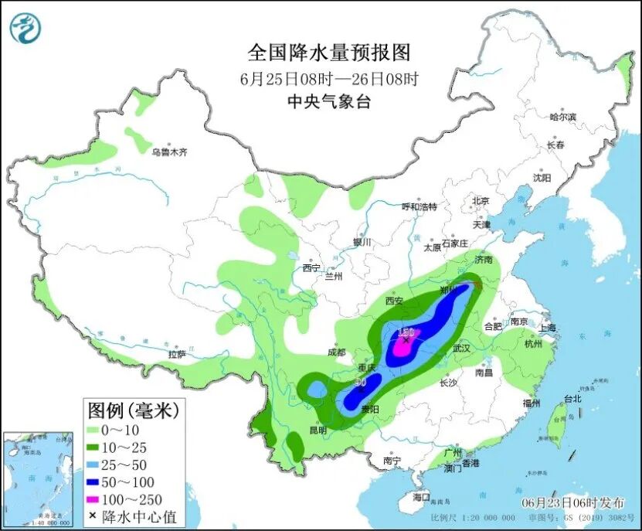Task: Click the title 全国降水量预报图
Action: [x=328, y=53]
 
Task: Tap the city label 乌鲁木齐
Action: [x=169, y=152]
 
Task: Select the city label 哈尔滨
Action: [x=562, y=117]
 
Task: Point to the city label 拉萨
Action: [x=177, y=354]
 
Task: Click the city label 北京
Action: [x=481, y=201]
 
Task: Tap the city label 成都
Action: [x=337, y=352]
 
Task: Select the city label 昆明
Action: [x=318, y=430]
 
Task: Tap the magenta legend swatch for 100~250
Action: [x=95, y=499]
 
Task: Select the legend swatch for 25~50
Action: [x=95, y=465]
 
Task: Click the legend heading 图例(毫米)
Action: [x=133, y=410]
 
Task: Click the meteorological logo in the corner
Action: [x=25, y=28]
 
